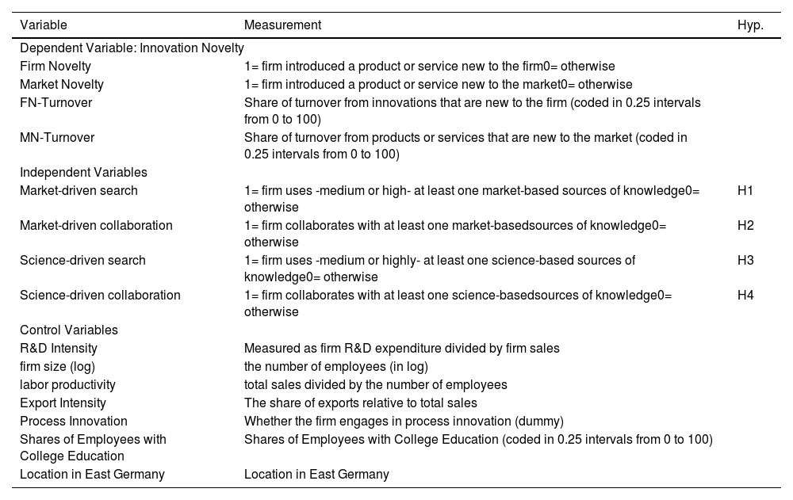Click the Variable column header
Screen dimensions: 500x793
tap(44, 25)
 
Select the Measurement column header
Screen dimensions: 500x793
tap(282, 25)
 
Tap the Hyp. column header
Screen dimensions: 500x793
tap(750, 25)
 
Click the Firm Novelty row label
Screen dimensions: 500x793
tap(56, 67)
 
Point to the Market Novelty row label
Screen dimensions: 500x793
tap(62, 85)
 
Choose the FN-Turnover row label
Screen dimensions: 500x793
tap(56, 103)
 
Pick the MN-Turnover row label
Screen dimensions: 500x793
tap(57, 138)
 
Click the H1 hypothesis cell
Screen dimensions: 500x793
tap(745, 191)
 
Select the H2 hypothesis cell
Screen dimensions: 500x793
tap(745, 226)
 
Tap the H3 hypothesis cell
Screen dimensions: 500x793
tap(745, 261)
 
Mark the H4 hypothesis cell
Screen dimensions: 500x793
tap(745, 296)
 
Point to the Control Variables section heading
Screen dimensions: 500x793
tap(69, 330)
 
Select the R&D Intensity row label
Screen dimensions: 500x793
tap(59, 349)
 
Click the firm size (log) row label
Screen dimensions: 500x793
tap(55, 366)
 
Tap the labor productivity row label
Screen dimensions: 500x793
tap(67, 385)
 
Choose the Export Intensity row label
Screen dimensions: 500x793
tap(63, 403)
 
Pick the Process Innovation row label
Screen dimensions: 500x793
tap(74, 422)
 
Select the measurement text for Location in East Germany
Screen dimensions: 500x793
tap(316, 475)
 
